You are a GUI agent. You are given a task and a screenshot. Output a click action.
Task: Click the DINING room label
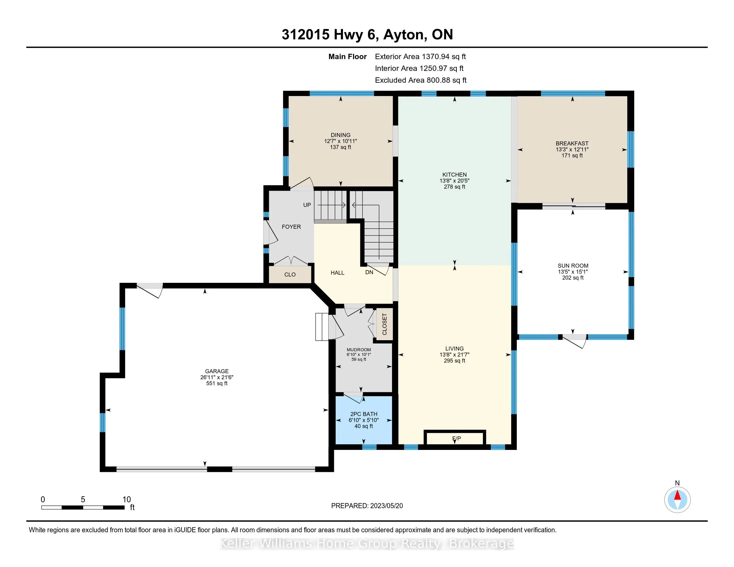click(x=340, y=135)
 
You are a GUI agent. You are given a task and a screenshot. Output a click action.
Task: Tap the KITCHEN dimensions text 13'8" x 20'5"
click(x=454, y=181)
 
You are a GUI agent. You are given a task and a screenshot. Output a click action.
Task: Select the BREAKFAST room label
click(x=572, y=143)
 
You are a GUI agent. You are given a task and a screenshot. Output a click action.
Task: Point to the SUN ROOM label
click(x=573, y=266)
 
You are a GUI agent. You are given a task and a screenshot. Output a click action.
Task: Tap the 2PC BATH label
click(x=364, y=414)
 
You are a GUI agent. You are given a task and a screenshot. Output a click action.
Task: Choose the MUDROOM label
click(x=359, y=350)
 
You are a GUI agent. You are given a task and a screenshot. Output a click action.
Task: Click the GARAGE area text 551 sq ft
click(x=217, y=383)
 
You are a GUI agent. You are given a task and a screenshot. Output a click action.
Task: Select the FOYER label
click(x=291, y=227)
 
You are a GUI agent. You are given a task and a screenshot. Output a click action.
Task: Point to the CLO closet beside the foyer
click(x=290, y=275)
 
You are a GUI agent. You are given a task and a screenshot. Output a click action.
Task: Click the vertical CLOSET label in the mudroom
click(x=385, y=324)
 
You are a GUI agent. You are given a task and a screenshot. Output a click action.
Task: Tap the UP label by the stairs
click(x=307, y=205)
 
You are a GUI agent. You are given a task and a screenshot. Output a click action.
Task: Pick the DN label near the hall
click(x=369, y=272)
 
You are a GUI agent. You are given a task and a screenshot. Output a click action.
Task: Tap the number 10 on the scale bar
click(x=126, y=500)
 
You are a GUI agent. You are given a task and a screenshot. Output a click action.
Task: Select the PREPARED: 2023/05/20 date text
click(x=367, y=506)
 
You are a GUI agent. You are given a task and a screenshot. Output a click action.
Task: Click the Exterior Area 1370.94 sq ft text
click(x=420, y=56)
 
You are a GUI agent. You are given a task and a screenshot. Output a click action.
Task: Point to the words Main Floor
click(x=348, y=56)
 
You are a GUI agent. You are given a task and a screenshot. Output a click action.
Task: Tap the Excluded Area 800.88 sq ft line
click(x=421, y=80)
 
